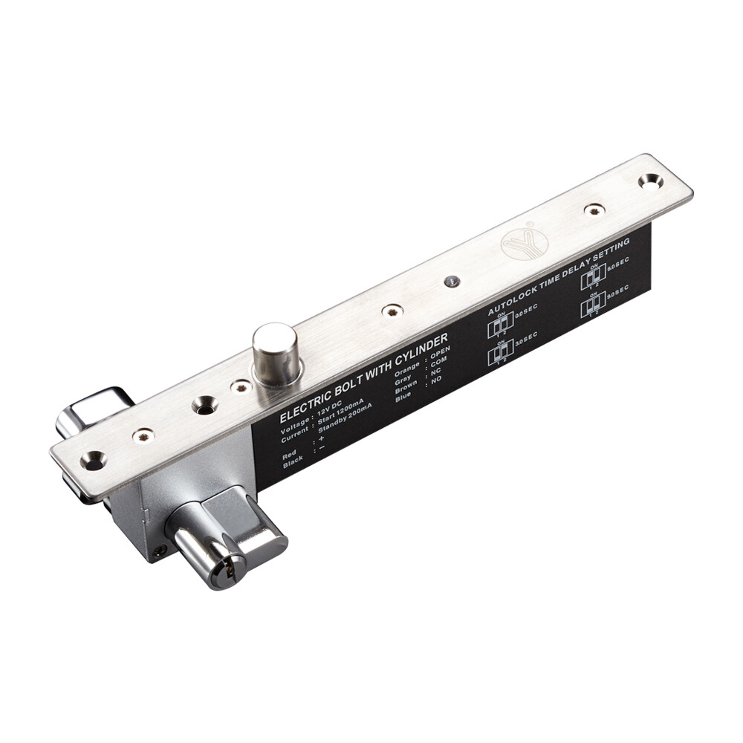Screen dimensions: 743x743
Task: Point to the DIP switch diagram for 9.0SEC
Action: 592,305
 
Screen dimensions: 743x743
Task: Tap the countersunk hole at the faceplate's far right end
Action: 650,180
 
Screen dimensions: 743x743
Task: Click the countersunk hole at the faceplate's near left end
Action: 93,460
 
